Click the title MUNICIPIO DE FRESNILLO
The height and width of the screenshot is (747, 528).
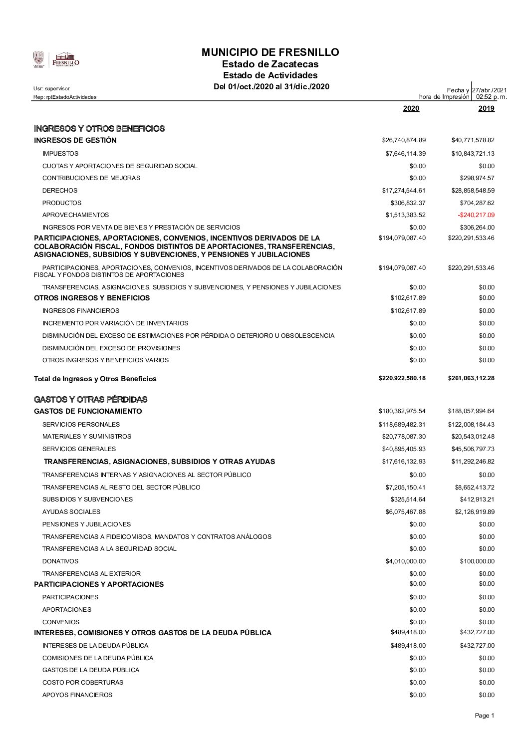coord(270,52)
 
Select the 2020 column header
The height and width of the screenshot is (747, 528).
coord(411,109)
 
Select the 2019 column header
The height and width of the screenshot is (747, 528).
coord(486,109)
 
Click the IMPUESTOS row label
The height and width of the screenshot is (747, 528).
coord(60,154)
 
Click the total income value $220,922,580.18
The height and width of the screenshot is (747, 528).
coord(402,378)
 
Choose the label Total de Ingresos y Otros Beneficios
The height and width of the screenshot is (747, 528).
coord(95,379)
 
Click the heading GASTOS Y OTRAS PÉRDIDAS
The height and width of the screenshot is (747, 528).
coord(90,400)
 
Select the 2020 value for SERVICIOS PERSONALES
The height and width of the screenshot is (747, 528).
coord(402,425)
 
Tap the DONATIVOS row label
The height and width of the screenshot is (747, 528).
coord(60,561)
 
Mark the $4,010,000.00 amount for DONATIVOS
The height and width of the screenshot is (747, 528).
coord(405,561)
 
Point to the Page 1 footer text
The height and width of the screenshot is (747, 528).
coord(484,716)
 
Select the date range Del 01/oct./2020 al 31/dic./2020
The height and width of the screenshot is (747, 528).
coord(271,87)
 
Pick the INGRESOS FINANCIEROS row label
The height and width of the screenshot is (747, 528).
coord(81,311)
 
